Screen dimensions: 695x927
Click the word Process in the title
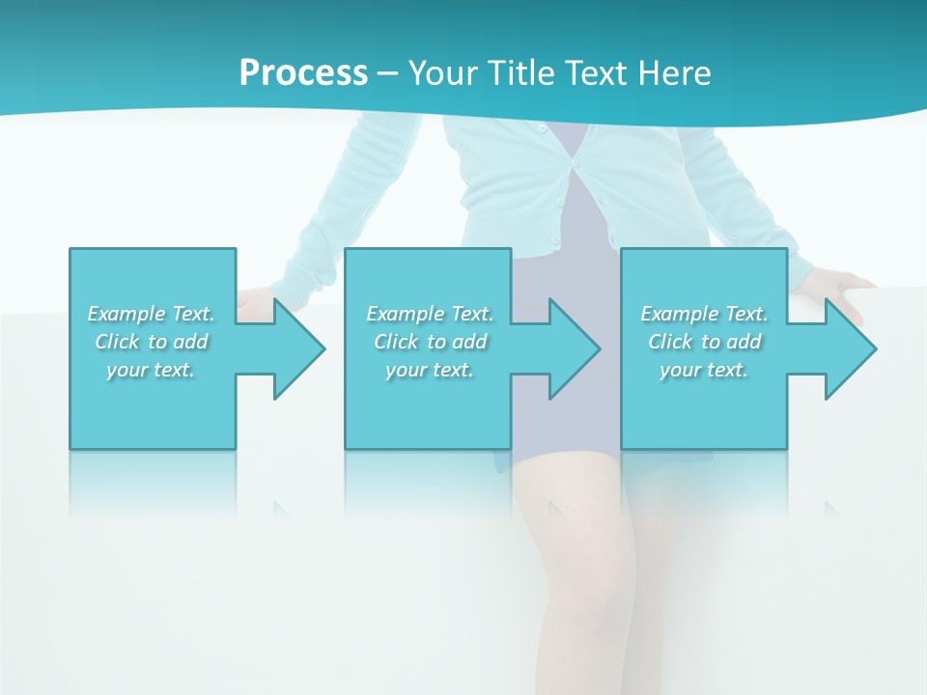[x=303, y=73]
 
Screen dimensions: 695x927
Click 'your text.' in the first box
[x=151, y=369]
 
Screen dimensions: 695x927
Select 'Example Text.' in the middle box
[x=430, y=314]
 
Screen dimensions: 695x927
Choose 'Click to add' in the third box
[x=705, y=342]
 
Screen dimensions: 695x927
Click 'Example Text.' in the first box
[x=151, y=314]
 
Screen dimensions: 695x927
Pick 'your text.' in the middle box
[x=430, y=369]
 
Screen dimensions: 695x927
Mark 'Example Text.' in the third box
[x=704, y=314]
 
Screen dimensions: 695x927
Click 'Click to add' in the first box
[x=152, y=342]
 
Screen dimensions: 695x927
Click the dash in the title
[x=388, y=73]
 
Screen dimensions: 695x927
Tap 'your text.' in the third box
[x=704, y=369]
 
